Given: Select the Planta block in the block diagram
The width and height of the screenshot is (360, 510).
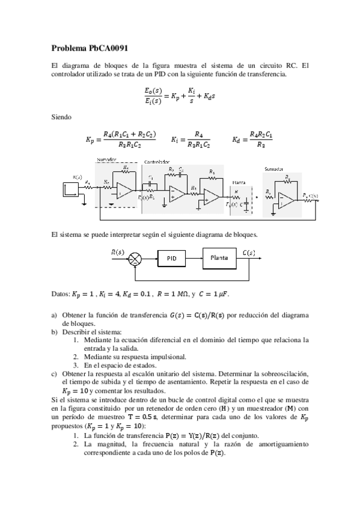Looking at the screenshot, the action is pos(218,257).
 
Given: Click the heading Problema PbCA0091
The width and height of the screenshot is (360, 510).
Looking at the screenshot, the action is pos(90,48).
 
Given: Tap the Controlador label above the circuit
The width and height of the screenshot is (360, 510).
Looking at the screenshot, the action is pos(157,162).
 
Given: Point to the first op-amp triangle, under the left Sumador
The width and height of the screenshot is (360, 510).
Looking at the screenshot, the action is pos(124,191).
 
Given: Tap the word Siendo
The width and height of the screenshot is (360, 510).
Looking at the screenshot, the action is pos(62,117).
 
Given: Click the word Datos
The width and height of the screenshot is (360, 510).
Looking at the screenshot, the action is pos(61,294).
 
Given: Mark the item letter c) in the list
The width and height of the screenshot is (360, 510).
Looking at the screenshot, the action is pos(55,373).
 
